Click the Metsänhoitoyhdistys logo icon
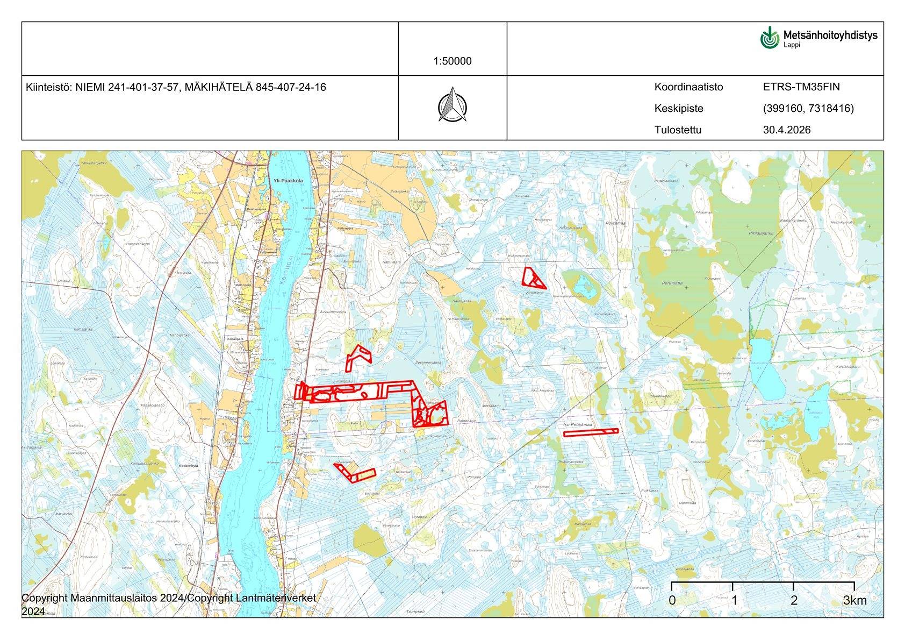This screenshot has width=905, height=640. [x=770, y=38]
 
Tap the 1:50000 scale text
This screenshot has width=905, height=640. [x=452, y=61]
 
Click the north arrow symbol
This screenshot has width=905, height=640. [x=452, y=104]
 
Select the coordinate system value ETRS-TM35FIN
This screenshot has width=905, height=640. [x=801, y=87]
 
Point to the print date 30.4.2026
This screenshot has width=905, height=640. [x=787, y=130]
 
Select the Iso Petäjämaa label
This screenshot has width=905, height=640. [x=578, y=425]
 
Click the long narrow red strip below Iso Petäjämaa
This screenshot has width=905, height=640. [x=591, y=432]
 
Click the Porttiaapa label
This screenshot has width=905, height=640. [x=672, y=283]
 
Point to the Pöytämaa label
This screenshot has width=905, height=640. [x=615, y=223]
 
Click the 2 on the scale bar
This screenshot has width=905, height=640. [x=794, y=601]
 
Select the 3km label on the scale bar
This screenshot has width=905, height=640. [x=854, y=601]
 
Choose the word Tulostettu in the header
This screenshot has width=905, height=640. [x=678, y=130]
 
